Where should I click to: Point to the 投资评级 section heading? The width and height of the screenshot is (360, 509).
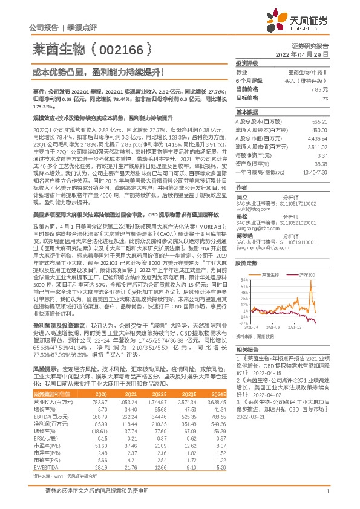point(247,63)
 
